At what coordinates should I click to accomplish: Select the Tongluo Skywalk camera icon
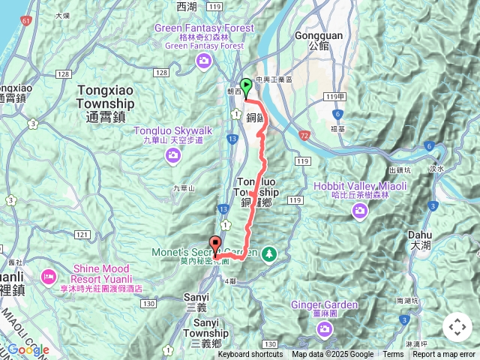[173, 155]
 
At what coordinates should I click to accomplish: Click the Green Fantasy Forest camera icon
[203, 60]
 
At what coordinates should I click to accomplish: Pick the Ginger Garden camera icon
[324, 329]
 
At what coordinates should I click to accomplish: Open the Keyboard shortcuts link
[250, 355]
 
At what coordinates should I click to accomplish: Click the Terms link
[393, 355]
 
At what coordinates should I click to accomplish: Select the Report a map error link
[444, 355]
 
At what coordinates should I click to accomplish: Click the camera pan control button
[457, 327]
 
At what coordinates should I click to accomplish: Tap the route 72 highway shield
[303, 135]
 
